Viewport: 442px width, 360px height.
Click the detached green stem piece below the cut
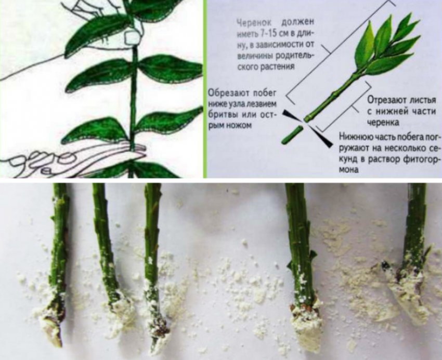[x=292, y=135]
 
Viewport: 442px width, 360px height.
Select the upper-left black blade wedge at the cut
[x=292, y=116]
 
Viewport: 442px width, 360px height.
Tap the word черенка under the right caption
[x=383, y=123]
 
